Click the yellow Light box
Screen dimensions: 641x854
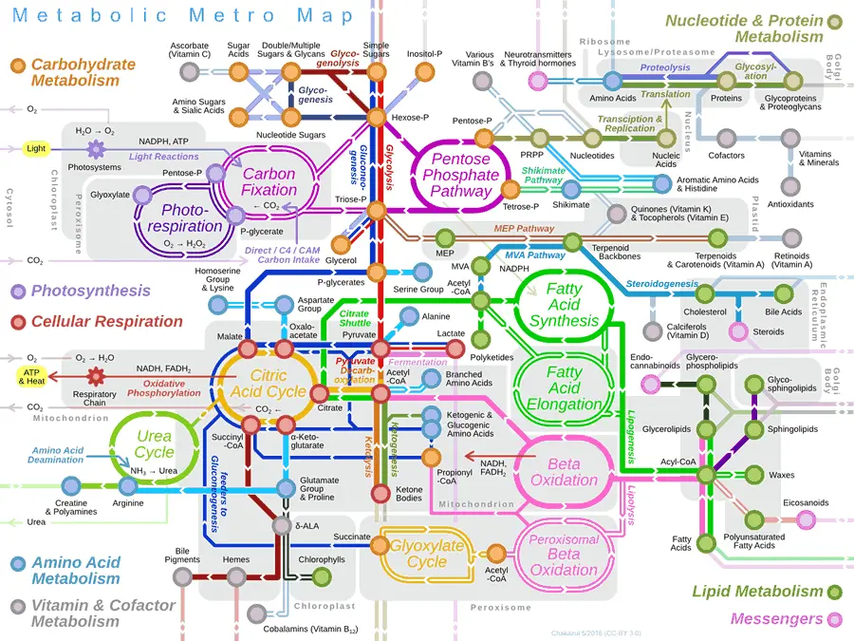pyautogui.click(x=36, y=148)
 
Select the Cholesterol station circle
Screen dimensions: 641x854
pyautogui.click(x=705, y=294)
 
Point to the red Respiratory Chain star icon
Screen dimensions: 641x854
pyautogui.click(x=94, y=376)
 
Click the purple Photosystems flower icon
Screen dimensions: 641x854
pyautogui.click(x=94, y=148)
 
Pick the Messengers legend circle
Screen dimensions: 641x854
pyautogui.click(x=835, y=619)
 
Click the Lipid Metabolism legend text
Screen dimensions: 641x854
pyautogui.click(x=756, y=592)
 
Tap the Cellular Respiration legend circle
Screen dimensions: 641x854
pyautogui.click(x=17, y=321)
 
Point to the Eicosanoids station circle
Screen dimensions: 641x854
pyautogui.click(x=806, y=518)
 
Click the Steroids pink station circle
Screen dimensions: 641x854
pyautogui.click(x=737, y=331)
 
